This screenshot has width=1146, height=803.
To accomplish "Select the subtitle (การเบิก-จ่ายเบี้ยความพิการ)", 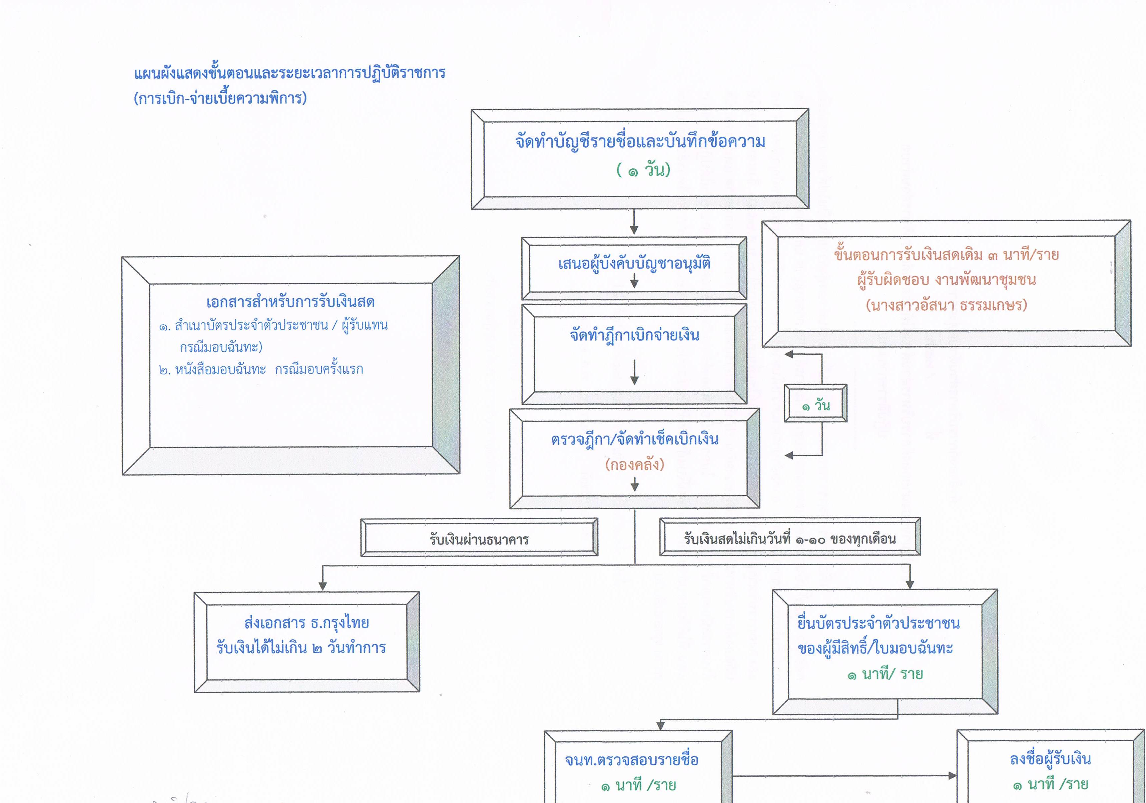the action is (220, 98).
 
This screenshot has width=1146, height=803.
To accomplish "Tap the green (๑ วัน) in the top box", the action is (643, 170).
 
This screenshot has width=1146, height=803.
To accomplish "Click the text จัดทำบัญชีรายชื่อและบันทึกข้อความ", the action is (640, 142).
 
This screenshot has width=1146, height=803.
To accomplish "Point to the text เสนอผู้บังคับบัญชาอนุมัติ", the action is (634, 263).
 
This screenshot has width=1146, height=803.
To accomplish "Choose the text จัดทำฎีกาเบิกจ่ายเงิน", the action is (634, 335).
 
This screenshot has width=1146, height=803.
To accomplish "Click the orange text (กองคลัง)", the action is (634, 465).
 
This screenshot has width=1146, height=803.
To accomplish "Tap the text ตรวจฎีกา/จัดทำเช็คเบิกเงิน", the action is (634, 439).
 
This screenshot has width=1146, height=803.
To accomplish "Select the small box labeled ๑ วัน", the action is (815, 403).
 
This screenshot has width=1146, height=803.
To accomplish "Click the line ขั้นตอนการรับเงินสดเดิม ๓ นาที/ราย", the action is (946, 254).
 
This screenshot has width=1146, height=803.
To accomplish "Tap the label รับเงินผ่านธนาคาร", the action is (479, 539).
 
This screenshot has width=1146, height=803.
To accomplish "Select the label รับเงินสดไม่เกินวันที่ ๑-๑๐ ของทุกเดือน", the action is (789, 539).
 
